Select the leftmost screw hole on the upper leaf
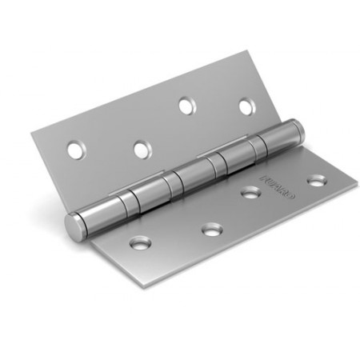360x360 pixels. click(x=75, y=149)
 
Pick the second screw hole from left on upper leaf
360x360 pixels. click(x=142, y=148)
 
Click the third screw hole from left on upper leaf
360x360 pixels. click(x=186, y=105)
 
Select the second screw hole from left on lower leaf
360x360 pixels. click(x=211, y=230)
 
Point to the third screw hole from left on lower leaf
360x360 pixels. click(x=251, y=192)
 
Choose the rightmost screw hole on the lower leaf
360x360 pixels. click(x=317, y=181)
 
